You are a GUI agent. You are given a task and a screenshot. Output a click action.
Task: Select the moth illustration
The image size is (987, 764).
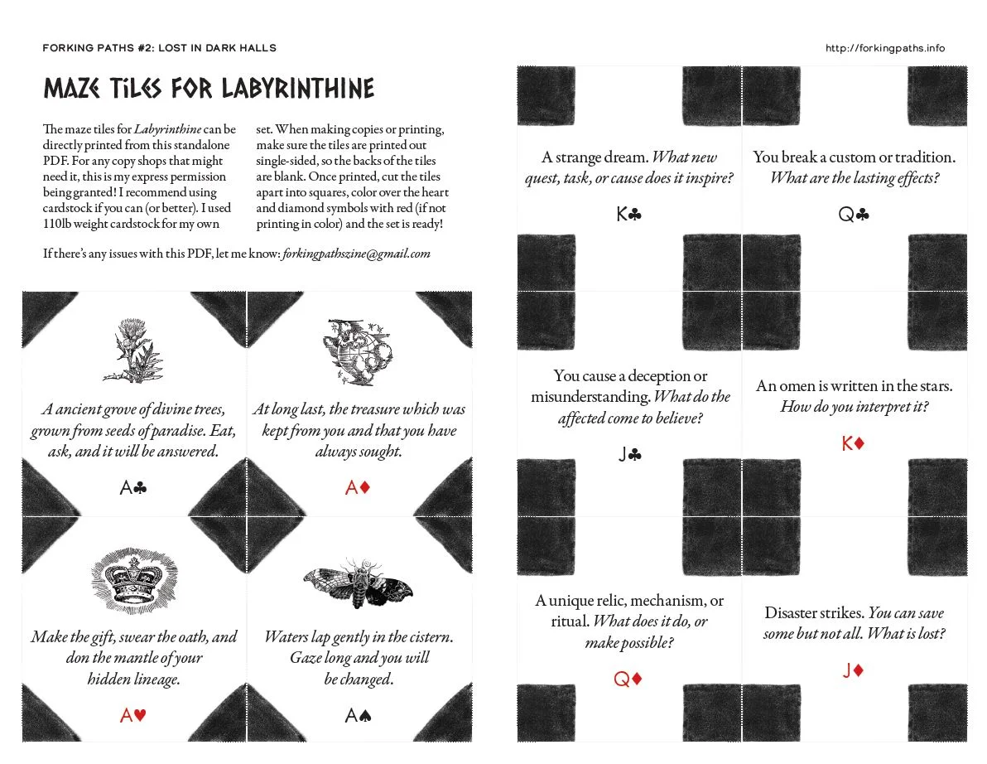coord(358,584)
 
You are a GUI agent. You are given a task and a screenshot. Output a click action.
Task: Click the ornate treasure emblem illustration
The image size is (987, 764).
coord(359,352)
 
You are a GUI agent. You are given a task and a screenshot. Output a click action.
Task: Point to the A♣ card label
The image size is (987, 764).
coord(133,488)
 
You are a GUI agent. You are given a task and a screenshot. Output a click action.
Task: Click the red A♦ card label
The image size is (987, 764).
coord(357,488)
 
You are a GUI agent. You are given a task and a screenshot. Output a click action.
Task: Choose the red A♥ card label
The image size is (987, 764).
coord(133,715)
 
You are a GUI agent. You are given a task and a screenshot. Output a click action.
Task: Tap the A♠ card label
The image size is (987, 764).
coord(357,715)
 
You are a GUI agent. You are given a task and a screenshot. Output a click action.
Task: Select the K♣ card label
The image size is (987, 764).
coord(628,215)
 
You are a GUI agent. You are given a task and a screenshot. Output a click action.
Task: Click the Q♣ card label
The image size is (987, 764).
coord(854,215)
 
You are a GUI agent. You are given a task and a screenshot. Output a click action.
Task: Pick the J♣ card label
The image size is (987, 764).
coord(629,454)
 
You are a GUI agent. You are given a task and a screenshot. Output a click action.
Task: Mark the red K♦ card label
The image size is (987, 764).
coord(853,444)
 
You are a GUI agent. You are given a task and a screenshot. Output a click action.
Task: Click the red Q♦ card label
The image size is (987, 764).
coord(628,679)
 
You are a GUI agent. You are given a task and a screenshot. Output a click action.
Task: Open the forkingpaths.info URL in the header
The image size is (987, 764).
coord(884,48)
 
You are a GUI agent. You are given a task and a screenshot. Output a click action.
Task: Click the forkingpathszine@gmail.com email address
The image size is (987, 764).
coord(356,254)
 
